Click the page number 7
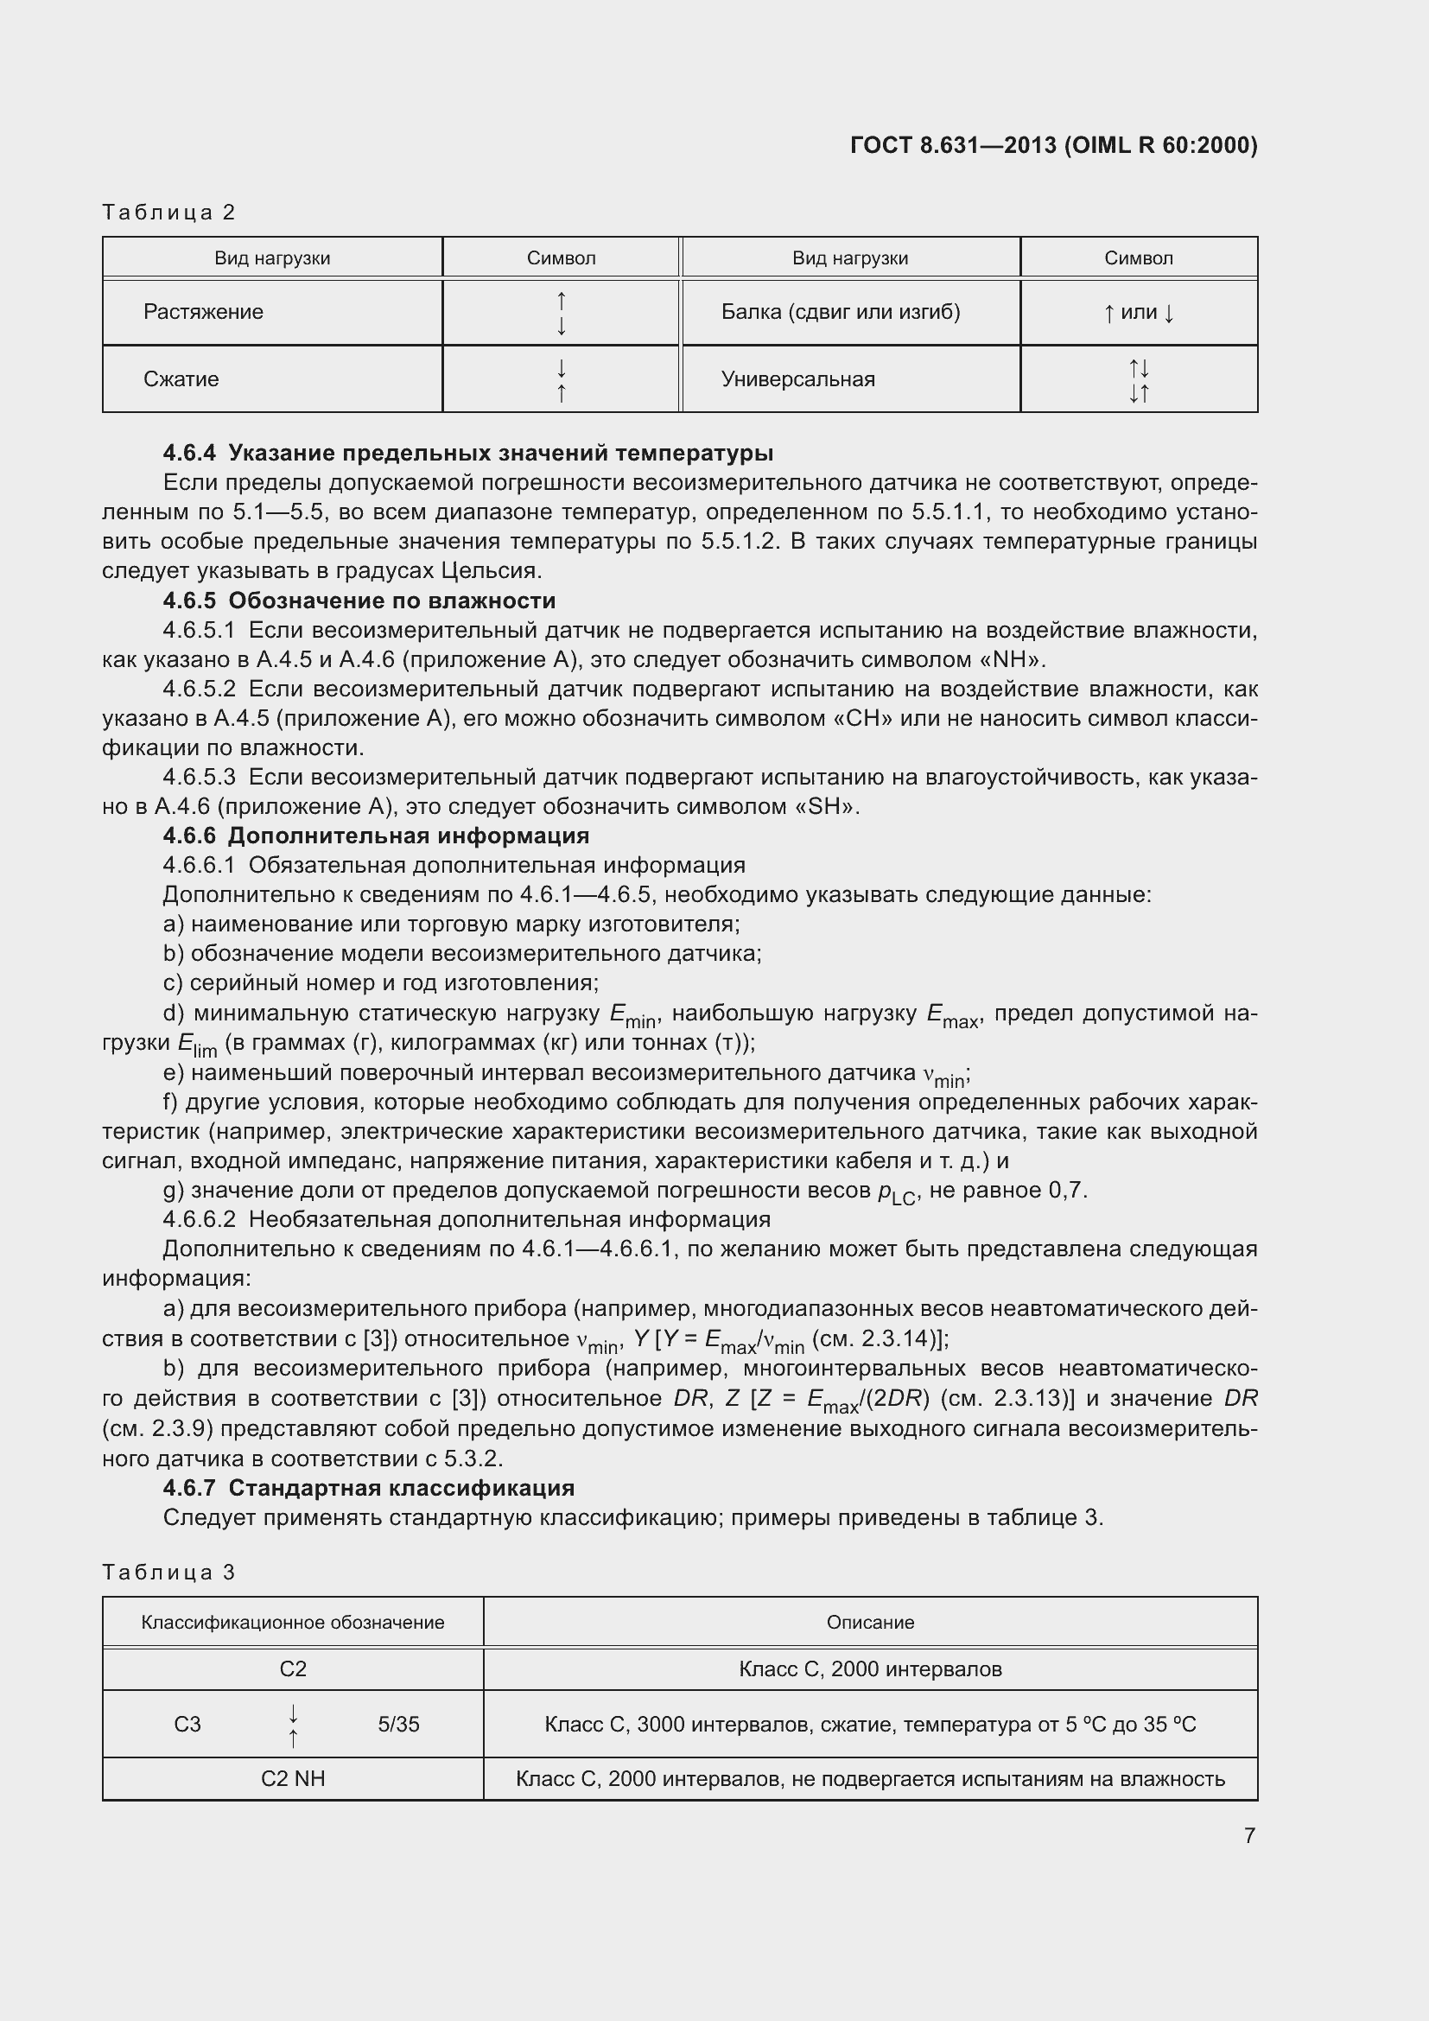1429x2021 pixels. pos(1249,1834)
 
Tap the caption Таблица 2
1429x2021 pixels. pos(169,213)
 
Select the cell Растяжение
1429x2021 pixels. pos(203,312)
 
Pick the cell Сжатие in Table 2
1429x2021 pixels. pos(181,379)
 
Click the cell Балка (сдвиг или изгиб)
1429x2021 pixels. pos(841,312)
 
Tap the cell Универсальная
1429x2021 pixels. pos(798,379)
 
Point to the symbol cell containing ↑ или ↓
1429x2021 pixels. pos(1139,313)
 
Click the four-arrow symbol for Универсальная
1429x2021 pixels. pos(1139,380)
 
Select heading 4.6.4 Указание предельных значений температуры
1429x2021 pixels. pos(468,454)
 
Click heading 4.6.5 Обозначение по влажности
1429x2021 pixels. pos(359,601)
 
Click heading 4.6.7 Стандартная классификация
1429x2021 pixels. pos(369,1488)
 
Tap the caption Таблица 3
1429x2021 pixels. pos(169,1572)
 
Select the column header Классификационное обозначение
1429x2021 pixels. pos(293,1623)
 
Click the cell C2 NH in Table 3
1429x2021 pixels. pos(293,1779)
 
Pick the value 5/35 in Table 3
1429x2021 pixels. pos(398,1725)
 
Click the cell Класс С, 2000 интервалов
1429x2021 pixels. pos(869,1669)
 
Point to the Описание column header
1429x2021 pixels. pos(869,1623)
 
